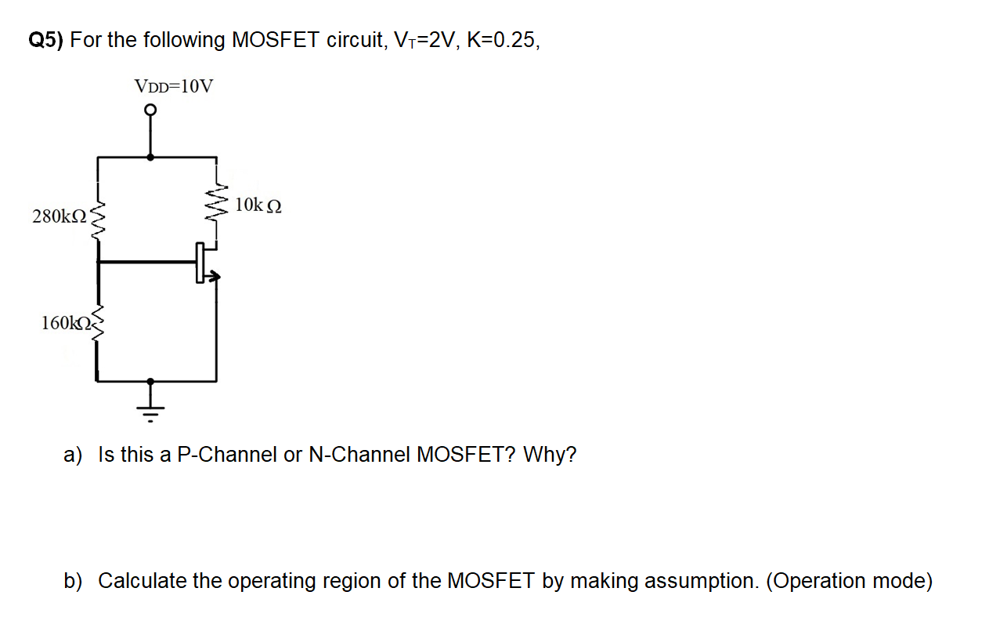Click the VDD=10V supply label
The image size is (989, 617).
point(173,85)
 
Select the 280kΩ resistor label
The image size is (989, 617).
point(58,216)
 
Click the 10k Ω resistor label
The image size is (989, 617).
point(258,205)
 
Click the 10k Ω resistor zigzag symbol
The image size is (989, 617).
point(217,205)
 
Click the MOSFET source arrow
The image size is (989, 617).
point(214,276)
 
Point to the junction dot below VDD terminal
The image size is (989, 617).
point(151,157)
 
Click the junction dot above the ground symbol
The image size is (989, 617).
point(151,381)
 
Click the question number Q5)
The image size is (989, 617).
point(46,41)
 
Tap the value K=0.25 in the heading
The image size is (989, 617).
point(502,41)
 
